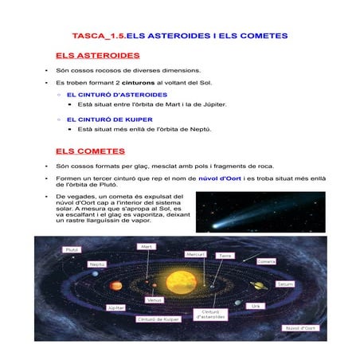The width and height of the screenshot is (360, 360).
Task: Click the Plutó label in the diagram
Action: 71,249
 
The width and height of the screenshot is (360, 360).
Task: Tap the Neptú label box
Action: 96,264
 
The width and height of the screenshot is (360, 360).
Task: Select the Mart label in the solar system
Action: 147,247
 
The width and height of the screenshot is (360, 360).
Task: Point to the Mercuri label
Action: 196,254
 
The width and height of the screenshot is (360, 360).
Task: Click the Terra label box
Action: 226,256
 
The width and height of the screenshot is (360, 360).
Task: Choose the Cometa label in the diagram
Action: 267,260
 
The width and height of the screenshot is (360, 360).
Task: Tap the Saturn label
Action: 284,284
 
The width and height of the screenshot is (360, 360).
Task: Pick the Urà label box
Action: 256,306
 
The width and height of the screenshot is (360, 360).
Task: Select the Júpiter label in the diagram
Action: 116,307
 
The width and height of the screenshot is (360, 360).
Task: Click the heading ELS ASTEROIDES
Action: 98,56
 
